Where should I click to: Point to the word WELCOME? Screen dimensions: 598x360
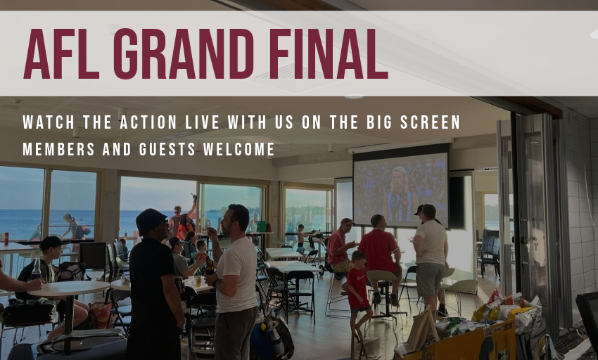tap(238, 149)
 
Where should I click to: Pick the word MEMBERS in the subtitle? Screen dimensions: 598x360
tap(58, 149)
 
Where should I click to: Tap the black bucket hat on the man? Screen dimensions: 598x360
tap(151, 222)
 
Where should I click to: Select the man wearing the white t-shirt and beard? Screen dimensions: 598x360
tap(234, 282)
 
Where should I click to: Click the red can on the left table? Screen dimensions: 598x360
tap(6, 238)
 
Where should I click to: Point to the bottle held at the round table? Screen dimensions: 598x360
tap(36, 269)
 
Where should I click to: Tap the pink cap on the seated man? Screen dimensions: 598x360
tap(347, 221)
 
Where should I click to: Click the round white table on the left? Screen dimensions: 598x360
tap(69, 288)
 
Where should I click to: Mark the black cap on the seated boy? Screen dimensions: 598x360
tap(51, 242)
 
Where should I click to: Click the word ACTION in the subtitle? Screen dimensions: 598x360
tap(148, 122)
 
